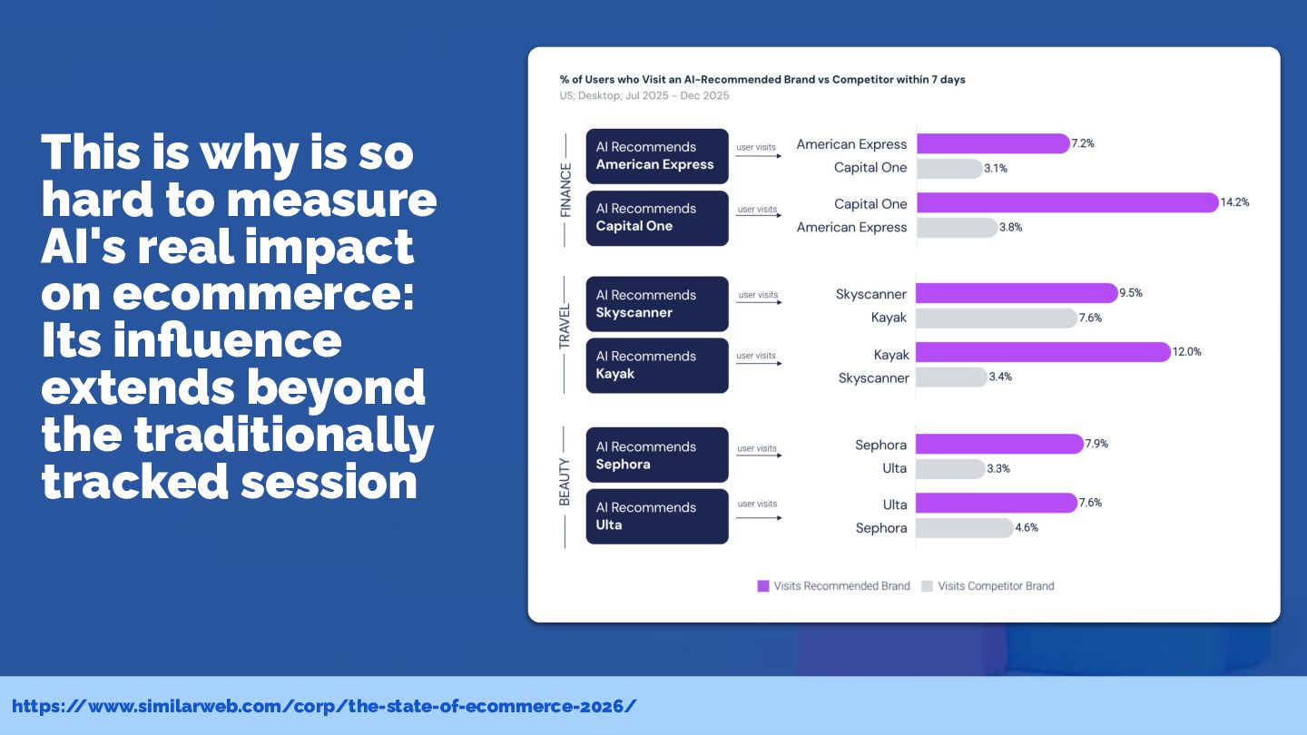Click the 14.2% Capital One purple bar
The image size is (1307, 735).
click(x=1067, y=202)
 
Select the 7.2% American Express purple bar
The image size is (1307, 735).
click(x=993, y=143)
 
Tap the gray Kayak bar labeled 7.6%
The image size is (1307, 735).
click(x=997, y=318)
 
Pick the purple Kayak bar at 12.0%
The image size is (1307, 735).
click(x=1043, y=352)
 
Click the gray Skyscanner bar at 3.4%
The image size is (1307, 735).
click(x=951, y=377)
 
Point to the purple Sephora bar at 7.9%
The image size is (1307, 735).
click(x=999, y=444)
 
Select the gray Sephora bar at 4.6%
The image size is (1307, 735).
click(x=965, y=528)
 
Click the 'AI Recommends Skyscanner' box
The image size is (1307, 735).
click(x=657, y=304)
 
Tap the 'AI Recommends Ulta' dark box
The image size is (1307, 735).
click(x=657, y=516)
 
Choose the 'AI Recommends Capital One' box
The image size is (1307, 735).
click(x=657, y=218)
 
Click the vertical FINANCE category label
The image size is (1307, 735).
click(x=565, y=191)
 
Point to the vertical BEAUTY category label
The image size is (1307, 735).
click(x=565, y=482)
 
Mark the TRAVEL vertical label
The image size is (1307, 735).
click(x=565, y=326)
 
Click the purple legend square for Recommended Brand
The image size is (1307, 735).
click(x=763, y=586)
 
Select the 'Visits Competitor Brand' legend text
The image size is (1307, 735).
click(x=996, y=586)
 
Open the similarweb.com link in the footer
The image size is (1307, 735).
click(x=324, y=706)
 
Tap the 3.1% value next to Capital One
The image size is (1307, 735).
click(x=996, y=169)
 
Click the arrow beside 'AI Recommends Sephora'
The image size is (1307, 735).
click(x=759, y=455)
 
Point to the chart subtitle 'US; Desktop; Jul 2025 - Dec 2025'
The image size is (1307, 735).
click(x=644, y=95)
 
